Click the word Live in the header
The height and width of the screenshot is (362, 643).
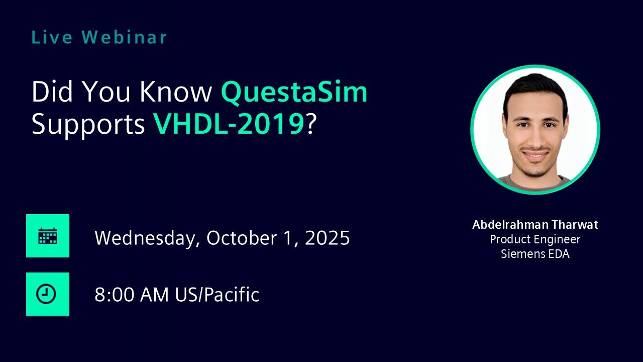coord(52,37)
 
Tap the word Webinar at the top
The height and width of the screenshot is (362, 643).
coord(124,37)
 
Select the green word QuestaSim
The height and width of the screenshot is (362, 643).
coord(294,92)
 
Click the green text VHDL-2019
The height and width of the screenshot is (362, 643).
coord(229,124)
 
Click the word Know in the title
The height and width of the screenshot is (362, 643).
coord(176,92)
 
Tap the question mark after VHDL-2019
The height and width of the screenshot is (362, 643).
coord(310,124)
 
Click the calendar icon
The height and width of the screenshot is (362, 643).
coord(48,236)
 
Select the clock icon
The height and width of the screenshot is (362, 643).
coord(46,294)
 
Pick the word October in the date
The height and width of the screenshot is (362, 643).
coord(242,238)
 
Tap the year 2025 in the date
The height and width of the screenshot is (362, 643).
coord(327,238)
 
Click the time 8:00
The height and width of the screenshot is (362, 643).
coord(114,295)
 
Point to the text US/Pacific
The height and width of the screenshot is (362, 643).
coord(218,294)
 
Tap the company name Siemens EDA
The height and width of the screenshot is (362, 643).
coord(535,254)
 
